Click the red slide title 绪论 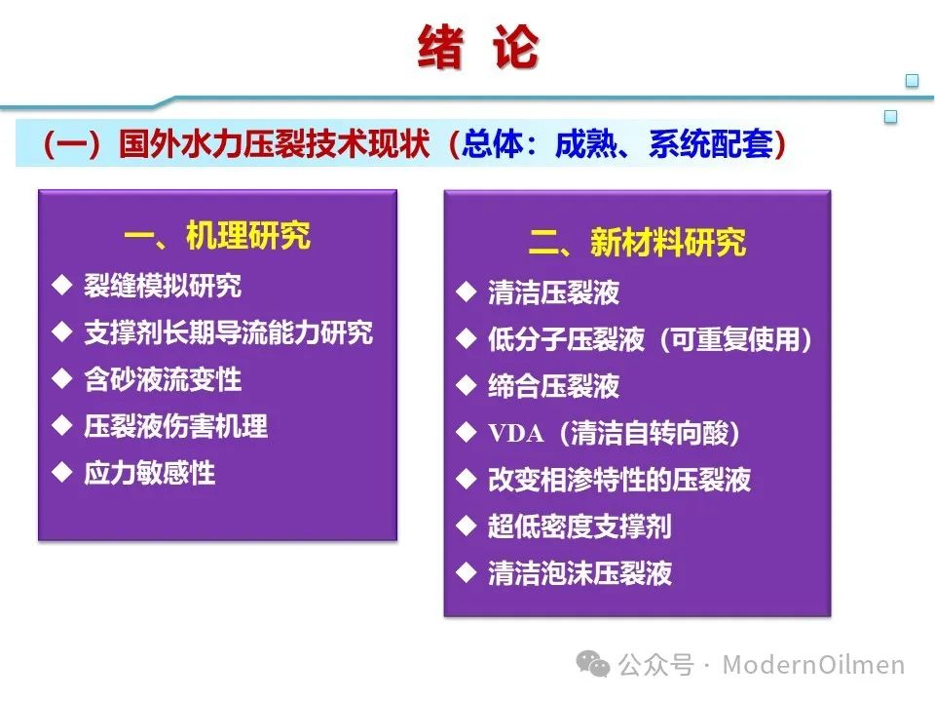(x=478, y=47)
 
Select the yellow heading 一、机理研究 (x=217, y=235)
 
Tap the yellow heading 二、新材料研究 (x=637, y=243)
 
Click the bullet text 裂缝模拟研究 (x=163, y=286)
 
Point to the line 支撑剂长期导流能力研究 (x=228, y=332)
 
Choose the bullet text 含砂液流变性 (x=163, y=379)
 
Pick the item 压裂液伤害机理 (x=175, y=426)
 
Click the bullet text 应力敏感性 (x=149, y=473)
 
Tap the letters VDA (x=516, y=433)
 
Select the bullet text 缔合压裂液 (x=553, y=386)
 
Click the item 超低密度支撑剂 (x=580, y=526)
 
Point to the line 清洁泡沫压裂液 (x=580, y=573)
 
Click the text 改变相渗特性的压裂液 (x=619, y=480)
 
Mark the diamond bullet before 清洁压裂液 (x=467, y=292)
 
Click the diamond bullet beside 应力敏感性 (x=62, y=472)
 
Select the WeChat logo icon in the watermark (x=593, y=664)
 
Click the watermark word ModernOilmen (x=813, y=664)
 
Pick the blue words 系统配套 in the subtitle (x=711, y=144)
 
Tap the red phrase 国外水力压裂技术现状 (x=275, y=144)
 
